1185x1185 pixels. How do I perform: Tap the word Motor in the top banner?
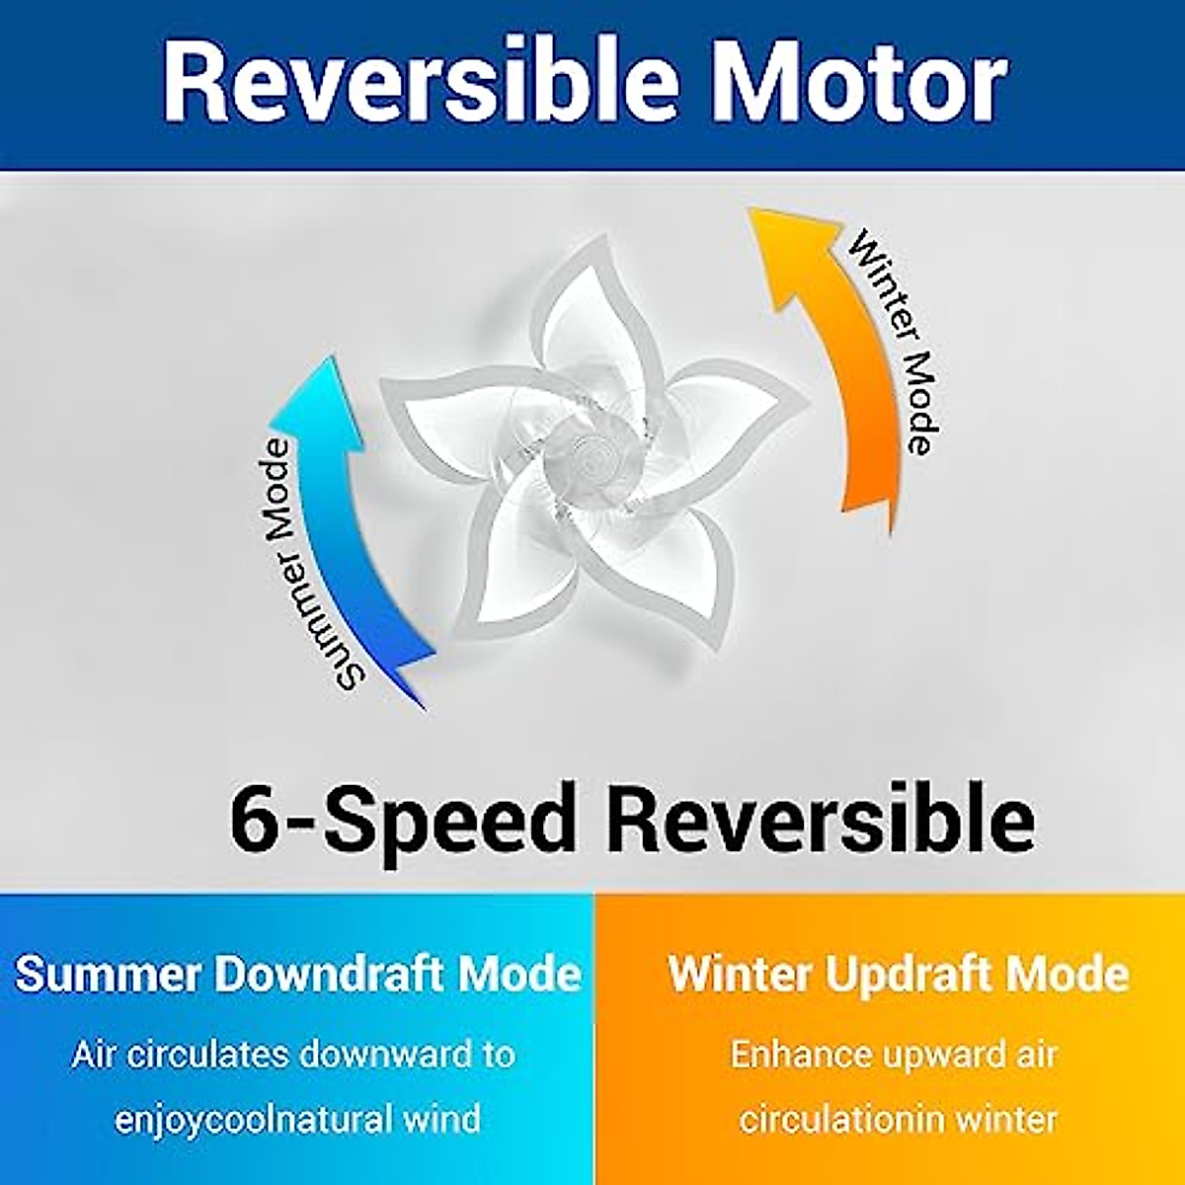(x=859, y=83)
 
